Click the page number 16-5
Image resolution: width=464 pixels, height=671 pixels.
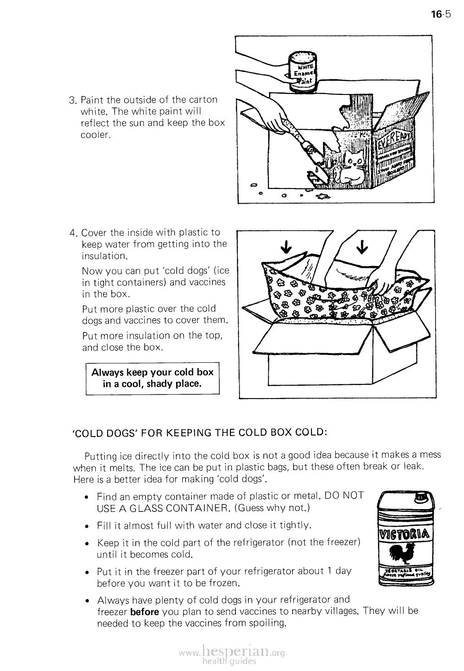pos(441,14)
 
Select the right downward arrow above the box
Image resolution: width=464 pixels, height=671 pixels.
pos(362,247)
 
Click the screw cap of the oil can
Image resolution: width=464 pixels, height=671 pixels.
pos(420,498)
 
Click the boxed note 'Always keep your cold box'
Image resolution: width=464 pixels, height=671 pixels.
pos(153,378)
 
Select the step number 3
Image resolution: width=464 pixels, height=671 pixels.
pos(71,100)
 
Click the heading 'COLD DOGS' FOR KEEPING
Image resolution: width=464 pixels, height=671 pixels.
pos(200,433)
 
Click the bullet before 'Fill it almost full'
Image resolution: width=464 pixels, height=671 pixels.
pos(87,525)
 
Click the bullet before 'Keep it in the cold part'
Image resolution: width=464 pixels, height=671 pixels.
pos(87,543)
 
